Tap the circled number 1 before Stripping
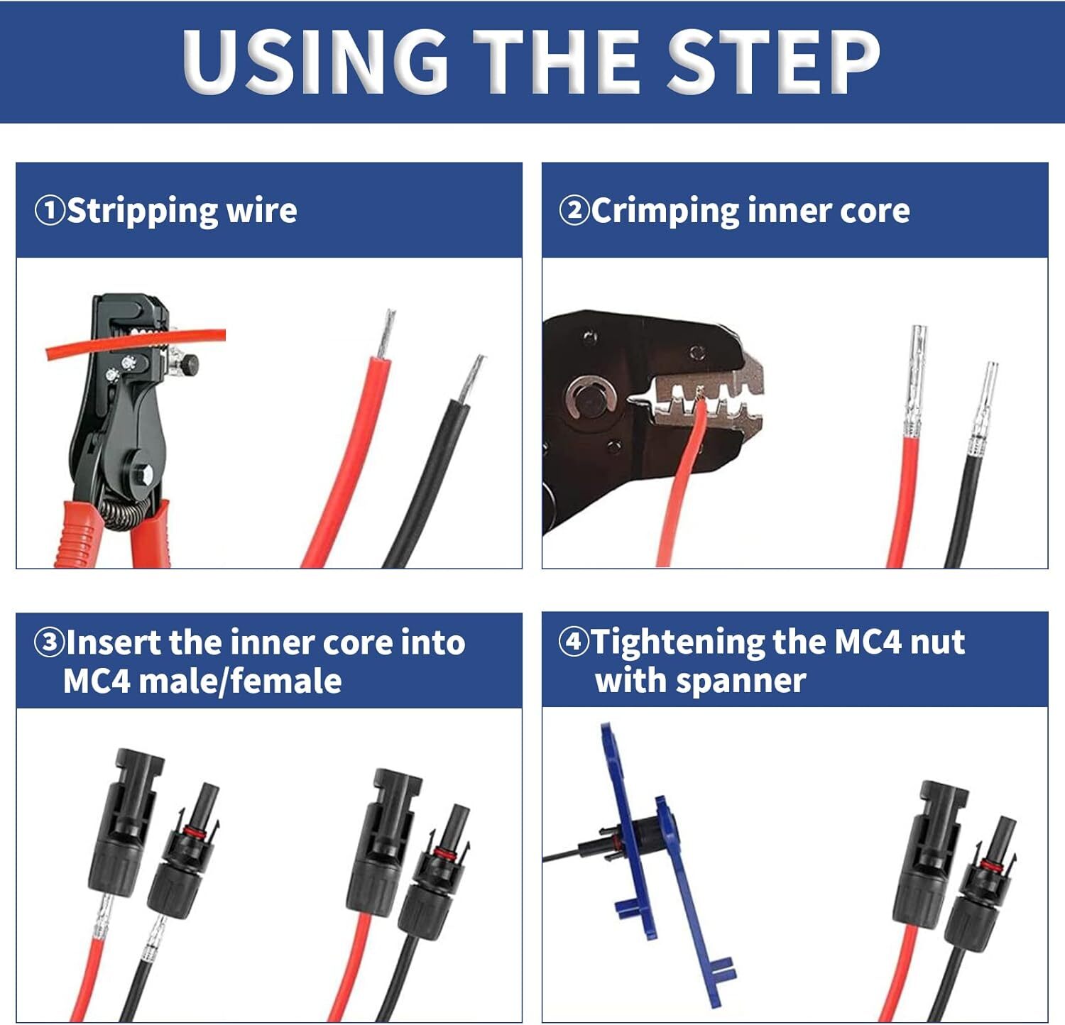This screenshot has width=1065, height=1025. click(50, 211)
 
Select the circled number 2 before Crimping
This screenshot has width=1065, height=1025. click(574, 211)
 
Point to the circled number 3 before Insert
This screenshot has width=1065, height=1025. click(50, 642)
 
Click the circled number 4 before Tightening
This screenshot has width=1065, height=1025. click(574, 642)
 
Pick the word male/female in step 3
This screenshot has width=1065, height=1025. click(241, 681)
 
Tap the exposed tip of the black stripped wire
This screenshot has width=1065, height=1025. click(471, 379)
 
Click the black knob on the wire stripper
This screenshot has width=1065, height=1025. click(190, 366)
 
